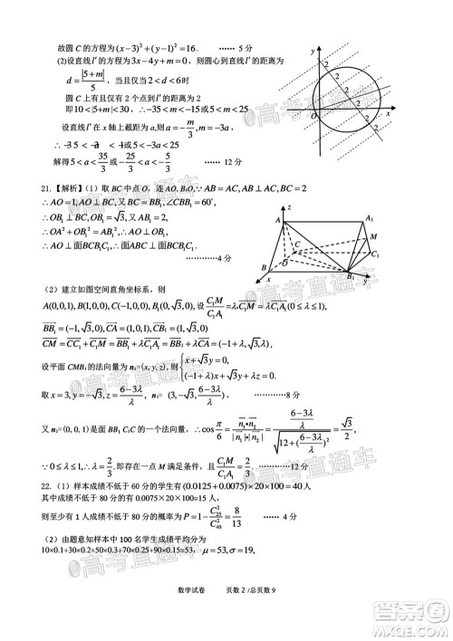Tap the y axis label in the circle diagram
tap(312, 53)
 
